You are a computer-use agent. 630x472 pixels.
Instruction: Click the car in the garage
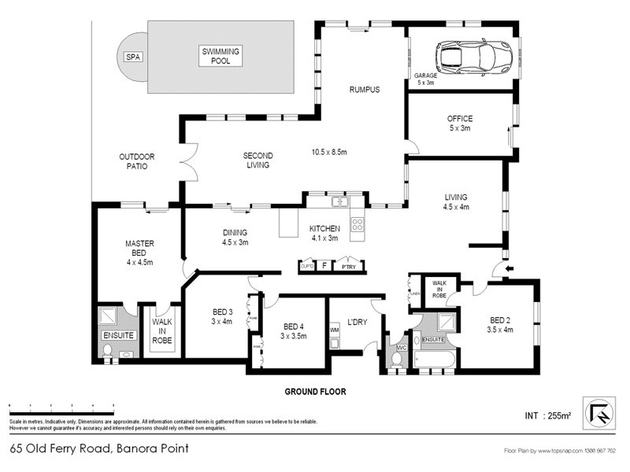pyautogui.click(x=474, y=56)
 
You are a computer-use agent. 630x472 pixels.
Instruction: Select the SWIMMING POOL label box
pyautogui.click(x=220, y=55)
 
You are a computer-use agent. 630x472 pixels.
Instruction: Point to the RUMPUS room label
pyautogui.click(x=365, y=90)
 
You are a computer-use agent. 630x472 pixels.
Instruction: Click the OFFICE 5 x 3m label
pyautogui.click(x=459, y=124)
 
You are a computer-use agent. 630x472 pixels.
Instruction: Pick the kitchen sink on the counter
pyautogui.click(x=340, y=201)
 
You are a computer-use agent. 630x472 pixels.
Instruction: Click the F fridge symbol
pyautogui.click(x=324, y=266)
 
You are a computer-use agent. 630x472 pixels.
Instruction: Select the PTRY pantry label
pyautogui.click(x=346, y=267)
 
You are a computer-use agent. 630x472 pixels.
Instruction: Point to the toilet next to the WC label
pyautogui.click(x=396, y=357)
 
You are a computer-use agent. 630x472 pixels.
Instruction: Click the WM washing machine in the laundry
pyautogui.click(x=334, y=330)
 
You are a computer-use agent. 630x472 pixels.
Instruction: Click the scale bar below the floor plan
pyautogui.click(x=61, y=408)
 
